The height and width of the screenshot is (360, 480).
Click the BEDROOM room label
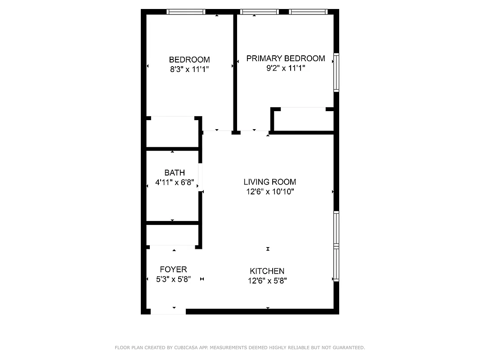(189, 59)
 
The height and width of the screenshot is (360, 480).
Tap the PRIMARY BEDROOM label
(285, 58)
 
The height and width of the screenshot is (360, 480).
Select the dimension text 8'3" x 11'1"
(189, 69)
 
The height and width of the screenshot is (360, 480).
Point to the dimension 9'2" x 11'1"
(285, 68)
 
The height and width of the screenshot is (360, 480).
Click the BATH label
(174, 173)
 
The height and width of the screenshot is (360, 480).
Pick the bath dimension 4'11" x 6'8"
(174, 183)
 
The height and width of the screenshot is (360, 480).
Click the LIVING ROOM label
(269, 182)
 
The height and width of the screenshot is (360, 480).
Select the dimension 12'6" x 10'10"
(269, 192)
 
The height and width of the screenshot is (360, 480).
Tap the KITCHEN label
(267, 271)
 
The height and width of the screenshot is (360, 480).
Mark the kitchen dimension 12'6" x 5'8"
(267, 281)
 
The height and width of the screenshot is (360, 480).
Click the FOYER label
(173, 269)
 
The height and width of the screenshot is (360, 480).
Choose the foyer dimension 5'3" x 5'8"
(173, 279)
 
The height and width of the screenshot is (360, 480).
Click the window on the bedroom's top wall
(186, 12)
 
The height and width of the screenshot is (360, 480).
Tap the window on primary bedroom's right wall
(336, 72)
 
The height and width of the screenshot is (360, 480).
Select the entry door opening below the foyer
(168, 311)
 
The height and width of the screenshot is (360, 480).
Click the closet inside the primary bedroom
(303, 120)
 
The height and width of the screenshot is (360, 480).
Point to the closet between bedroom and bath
(172, 132)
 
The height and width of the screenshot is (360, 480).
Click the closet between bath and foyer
(172, 234)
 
